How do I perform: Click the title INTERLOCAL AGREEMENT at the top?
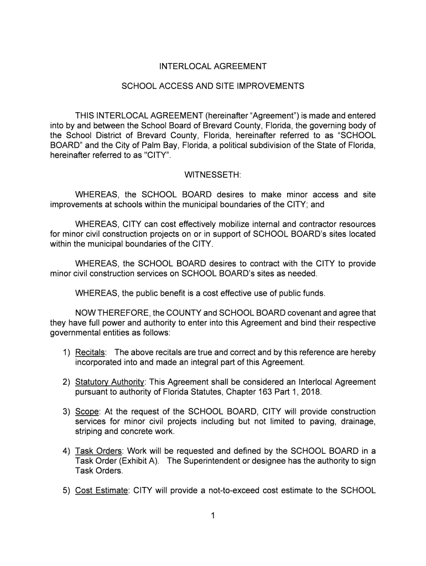213,66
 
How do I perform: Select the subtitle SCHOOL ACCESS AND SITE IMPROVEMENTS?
213,87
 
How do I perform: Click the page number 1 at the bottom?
213,516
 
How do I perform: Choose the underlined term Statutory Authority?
110,382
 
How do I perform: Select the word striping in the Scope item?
89,432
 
